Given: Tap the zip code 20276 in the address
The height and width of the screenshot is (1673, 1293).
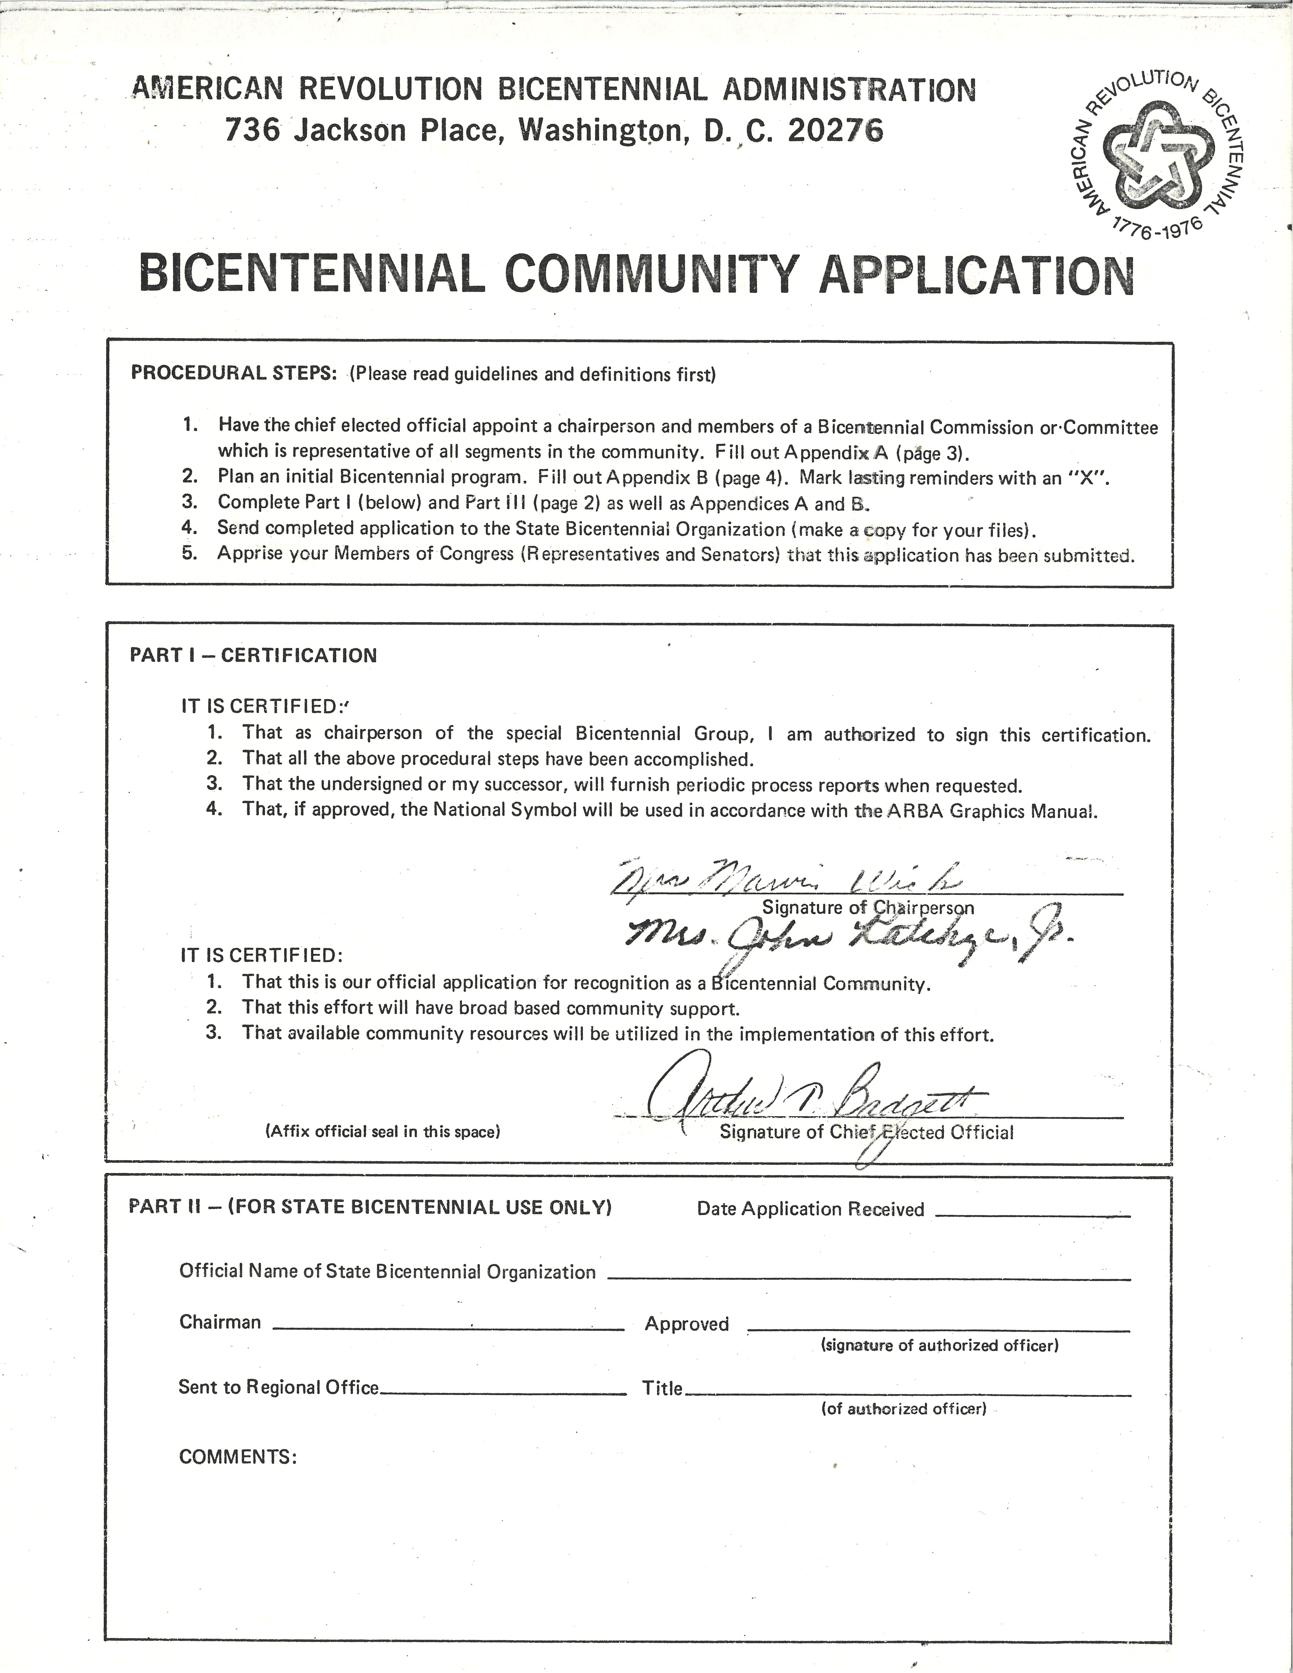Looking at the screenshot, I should coord(835,130).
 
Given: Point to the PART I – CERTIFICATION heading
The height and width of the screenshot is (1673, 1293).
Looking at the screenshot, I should coord(253,656).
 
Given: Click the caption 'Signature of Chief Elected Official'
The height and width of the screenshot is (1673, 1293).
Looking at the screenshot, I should coord(866,1132).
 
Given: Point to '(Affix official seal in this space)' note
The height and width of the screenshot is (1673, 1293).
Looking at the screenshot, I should coord(382,1131).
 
